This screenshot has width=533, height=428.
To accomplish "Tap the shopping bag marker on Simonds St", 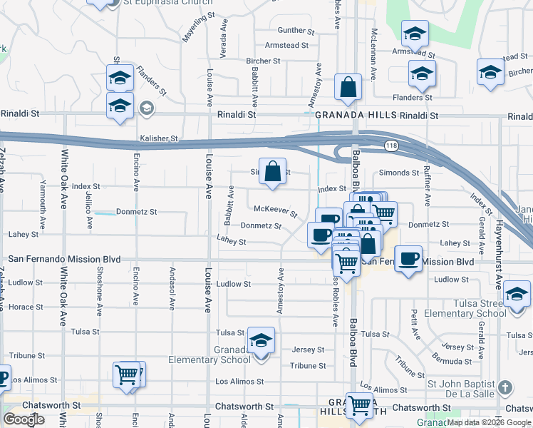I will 272,171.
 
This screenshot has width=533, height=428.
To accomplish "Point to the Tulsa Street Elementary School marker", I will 517,294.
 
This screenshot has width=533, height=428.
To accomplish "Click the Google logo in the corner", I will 24,419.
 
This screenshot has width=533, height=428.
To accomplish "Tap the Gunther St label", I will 296,30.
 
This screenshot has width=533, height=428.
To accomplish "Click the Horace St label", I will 26,307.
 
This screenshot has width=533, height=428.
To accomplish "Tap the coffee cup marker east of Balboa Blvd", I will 408,258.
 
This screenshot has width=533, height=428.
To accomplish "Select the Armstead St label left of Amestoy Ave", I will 286,45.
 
